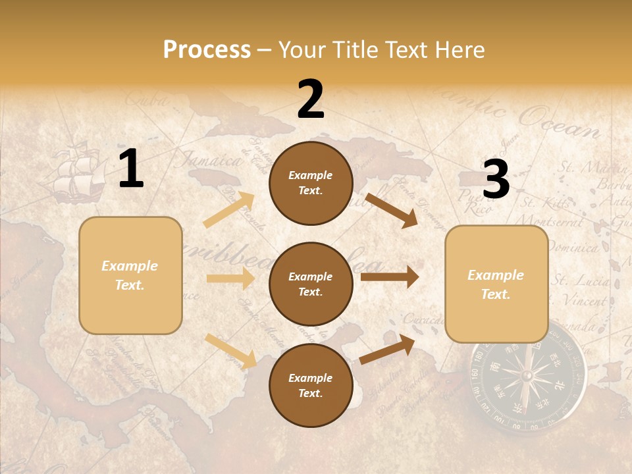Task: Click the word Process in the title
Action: tap(207, 50)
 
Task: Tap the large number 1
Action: tap(131, 169)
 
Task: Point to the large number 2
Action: tap(311, 100)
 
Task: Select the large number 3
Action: tap(496, 179)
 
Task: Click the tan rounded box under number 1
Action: tap(130, 275)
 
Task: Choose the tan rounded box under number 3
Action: tap(496, 284)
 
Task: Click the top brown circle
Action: tap(311, 183)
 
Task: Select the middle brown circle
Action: tap(311, 284)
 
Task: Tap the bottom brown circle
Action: tap(311, 385)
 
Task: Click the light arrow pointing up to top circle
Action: tap(230, 209)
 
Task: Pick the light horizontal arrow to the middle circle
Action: tap(230, 278)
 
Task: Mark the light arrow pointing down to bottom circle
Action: tap(230, 350)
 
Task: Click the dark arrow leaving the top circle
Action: tap(392, 210)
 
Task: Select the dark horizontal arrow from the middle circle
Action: tap(390, 277)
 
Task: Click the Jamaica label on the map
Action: tap(211, 160)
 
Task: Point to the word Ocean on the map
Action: tap(559, 122)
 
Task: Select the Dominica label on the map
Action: tap(572, 248)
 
